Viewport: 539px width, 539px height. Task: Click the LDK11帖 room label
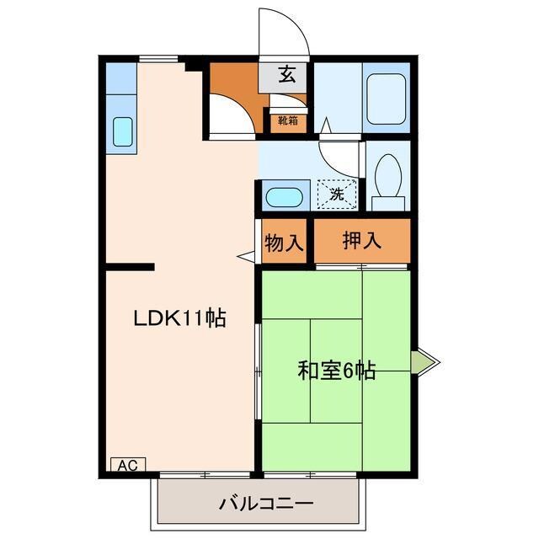click(180, 318)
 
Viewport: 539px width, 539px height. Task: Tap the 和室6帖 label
click(336, 370)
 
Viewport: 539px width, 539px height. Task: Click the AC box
click(128, 464)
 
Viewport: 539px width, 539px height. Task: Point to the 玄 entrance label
click(287, 76)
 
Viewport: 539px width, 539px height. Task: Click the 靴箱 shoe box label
click(287, 120)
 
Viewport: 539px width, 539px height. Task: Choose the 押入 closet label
click(362, 240)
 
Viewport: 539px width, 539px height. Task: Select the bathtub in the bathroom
click(387, 99)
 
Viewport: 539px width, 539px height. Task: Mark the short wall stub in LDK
click(131, 267)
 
